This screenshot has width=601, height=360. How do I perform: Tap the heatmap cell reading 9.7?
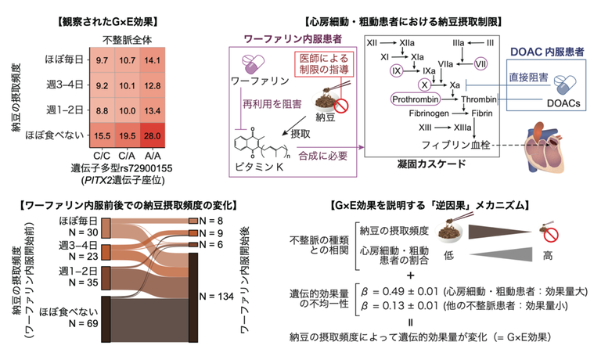tap(102, 59)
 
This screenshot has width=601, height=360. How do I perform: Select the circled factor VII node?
tap(480, 63)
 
